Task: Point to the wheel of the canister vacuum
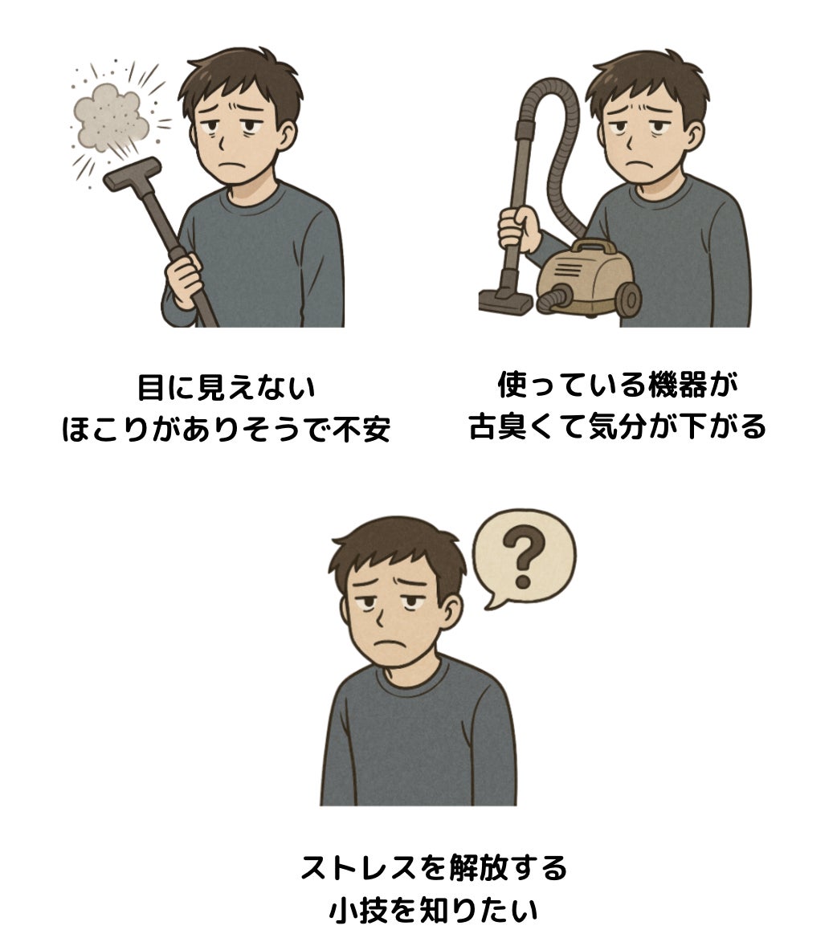(630, 298)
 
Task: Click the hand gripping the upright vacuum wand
(519, 229)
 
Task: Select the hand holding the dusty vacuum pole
(184, 280)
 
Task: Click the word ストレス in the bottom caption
(358, 868)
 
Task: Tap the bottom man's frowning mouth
(388, 643)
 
